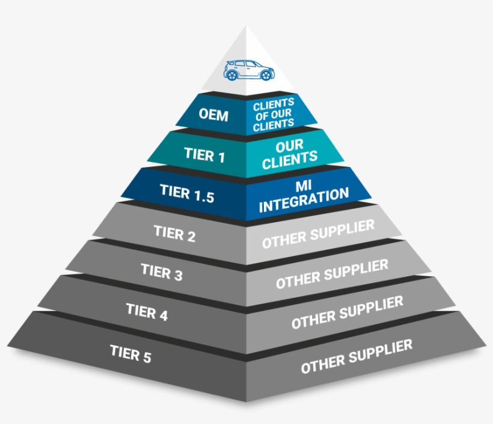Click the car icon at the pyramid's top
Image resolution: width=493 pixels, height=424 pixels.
coord(248,70)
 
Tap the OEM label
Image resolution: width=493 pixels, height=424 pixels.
coord(213,114)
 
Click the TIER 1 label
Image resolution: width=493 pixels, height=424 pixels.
coord(204,154)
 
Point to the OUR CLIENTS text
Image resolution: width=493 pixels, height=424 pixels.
coord(289,153)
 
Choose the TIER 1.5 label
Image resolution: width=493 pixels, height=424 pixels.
coord(187,193)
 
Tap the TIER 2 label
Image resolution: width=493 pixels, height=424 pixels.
coord(174,232)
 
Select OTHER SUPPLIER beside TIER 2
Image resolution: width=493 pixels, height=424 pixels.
coord(318,234)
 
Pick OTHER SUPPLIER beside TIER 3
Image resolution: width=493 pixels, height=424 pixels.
coord(332,273)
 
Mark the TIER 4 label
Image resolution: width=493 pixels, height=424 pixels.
coord(147,312)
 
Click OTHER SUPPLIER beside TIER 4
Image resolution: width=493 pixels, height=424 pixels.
coord(347,313)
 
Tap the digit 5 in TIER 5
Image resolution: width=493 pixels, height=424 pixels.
coord(147,357)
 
